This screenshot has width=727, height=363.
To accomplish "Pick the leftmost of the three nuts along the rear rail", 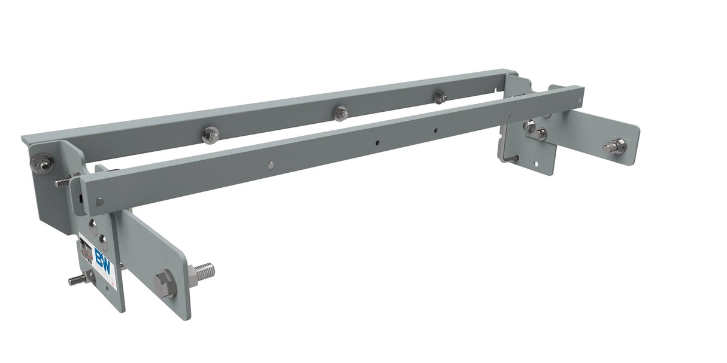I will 210,136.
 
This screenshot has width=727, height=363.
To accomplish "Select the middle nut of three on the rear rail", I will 341,113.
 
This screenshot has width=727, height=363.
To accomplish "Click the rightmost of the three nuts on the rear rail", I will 440,97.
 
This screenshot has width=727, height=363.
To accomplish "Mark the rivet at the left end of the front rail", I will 98,202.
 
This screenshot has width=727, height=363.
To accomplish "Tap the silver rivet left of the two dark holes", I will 271,166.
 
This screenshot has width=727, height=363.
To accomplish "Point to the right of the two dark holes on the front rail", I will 437,130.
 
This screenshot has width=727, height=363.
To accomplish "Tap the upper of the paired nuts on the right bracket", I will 529,126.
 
